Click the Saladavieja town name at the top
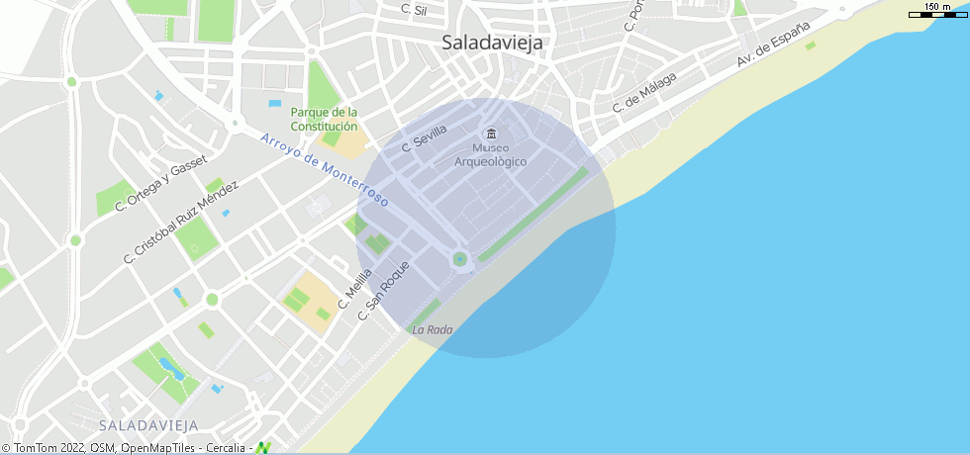point(493,43)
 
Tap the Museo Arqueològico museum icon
point(490,134)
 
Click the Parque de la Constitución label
point(324,119)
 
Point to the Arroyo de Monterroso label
point(325,169)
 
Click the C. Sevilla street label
point(425,138)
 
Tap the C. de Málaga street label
point(644,91)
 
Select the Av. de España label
point(773,45)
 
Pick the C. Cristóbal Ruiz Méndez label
point(181,222)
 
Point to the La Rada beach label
point(433,329)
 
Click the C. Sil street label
point(414,10)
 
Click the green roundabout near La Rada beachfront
point(459,259)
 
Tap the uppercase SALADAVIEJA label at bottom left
point(148,425)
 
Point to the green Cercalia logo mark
point(263,448)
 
